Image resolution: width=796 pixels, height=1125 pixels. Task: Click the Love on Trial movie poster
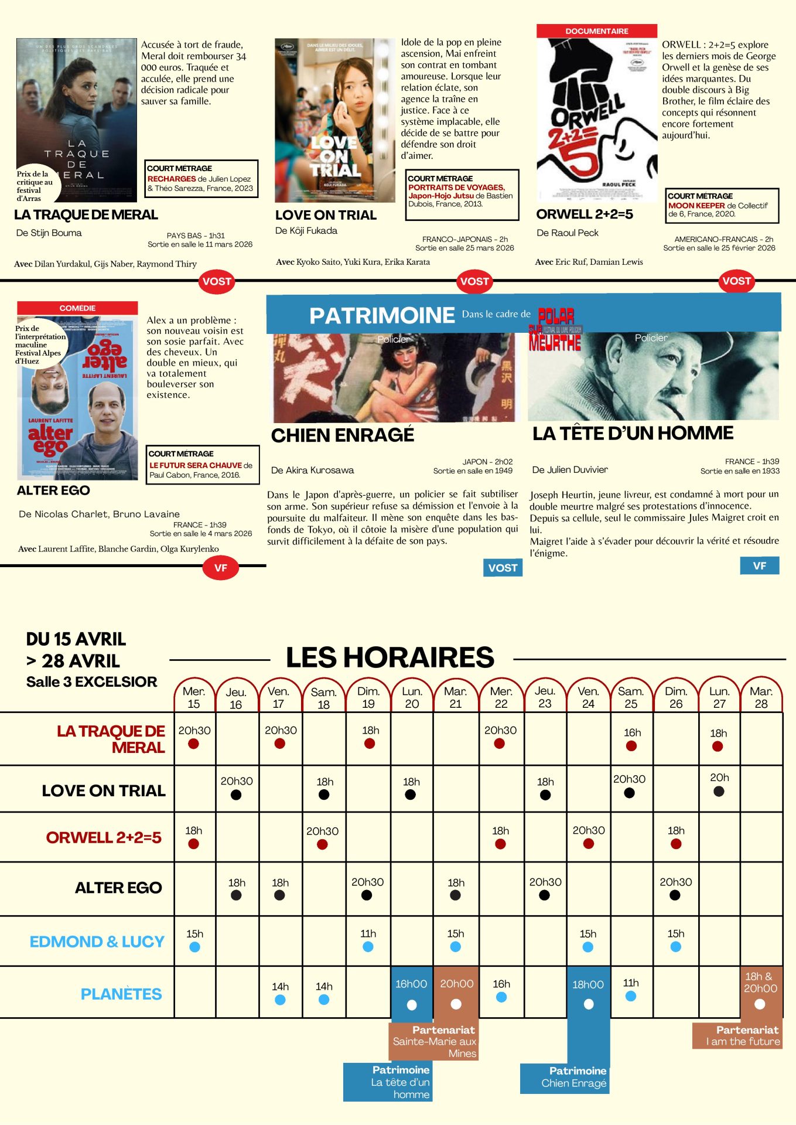pos(334,120)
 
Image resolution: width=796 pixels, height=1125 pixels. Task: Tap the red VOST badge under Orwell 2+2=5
pos(736,281)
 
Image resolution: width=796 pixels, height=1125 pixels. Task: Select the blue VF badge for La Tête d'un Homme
pos(759,566)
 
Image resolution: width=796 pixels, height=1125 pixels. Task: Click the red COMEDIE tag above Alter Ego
pos(77,308)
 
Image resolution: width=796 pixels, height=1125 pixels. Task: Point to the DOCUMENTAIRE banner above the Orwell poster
pos(596,31)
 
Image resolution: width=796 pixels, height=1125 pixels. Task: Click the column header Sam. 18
pos(323,698)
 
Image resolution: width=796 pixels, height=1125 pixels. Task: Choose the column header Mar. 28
pos(761,697)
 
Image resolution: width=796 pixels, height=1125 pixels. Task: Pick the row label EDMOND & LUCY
pos(97,942)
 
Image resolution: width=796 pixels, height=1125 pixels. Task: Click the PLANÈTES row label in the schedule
pos(121,994)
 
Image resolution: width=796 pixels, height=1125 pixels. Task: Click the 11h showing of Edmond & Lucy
pos(368,940)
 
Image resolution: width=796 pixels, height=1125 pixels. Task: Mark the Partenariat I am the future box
pos(737,1035)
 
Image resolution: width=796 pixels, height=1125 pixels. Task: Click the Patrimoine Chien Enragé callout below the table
pos(565,1078)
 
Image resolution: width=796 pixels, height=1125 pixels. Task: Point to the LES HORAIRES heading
pos(390,657)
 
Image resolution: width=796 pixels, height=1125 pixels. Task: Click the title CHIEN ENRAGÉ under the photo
pos(343,435)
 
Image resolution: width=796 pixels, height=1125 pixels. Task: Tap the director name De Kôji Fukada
pos(306,231)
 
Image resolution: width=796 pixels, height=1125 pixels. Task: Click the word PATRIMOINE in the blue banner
pos(382,316)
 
